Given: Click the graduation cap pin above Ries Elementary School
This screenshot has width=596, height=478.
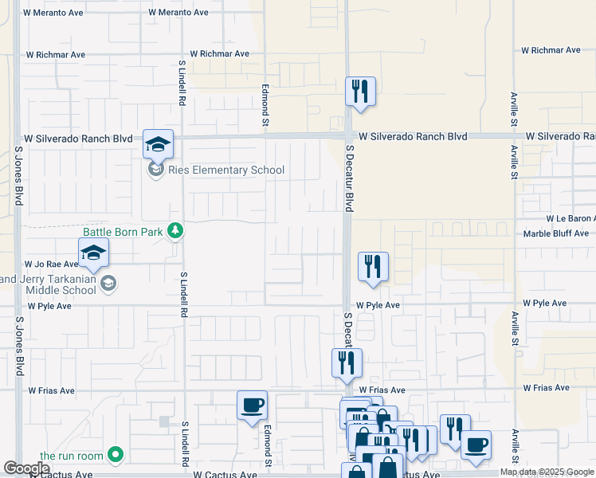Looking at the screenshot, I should click(158, 144).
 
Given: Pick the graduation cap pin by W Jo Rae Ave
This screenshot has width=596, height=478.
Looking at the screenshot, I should click(94, 253).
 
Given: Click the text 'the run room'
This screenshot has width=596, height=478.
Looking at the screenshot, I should click(72, 456).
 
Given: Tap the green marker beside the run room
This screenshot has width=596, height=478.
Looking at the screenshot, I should click(116, 455).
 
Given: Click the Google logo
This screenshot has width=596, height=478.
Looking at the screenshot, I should click(26, 468).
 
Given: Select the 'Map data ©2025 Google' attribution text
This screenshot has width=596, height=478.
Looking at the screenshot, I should click(547, 472).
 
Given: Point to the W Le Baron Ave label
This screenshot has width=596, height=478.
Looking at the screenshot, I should click(570, 218).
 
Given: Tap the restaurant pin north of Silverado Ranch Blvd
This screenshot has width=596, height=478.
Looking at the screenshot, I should click(360, 91).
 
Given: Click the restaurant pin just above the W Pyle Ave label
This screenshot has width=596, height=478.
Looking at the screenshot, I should click(373, 267).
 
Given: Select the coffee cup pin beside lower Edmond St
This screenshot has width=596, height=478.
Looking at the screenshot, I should click(253, 406).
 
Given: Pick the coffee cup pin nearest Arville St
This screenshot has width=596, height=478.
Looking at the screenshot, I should click(476, 445).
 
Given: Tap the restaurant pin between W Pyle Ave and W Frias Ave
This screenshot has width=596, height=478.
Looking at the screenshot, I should click(347, 363).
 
